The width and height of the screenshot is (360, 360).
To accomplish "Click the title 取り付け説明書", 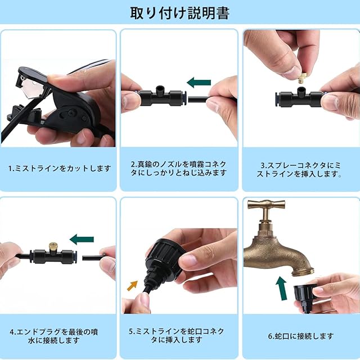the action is [x=180, y=13].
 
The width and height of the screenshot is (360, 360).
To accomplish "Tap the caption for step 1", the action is [x=60, y=169].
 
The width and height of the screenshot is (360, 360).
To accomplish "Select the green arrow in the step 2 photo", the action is [x=199, y=83].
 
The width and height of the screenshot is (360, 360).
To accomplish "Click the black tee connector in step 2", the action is [x=161, y=97].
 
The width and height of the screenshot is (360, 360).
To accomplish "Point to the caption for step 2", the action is [x=179, y=168].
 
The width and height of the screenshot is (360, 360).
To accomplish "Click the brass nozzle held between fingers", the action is [x=303, y=78].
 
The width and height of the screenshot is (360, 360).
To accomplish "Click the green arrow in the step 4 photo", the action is [x=82, y=239].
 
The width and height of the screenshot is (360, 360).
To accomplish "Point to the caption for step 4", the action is [x=54, y=336].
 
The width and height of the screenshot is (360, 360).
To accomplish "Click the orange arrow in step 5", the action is [x=133, y=285].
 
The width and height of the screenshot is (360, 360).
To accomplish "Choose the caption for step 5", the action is [x=177, y=335].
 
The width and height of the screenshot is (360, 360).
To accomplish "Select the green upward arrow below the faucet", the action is [x=282, y=288].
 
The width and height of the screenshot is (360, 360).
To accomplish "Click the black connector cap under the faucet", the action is [x=304, y=296].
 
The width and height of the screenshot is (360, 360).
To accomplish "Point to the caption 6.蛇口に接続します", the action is [x=301, y=336].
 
